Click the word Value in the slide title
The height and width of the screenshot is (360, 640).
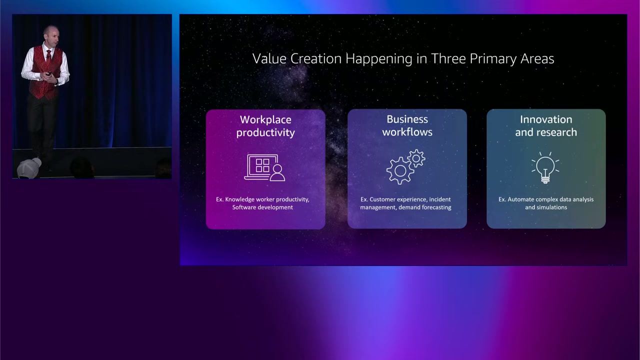pos(269,58)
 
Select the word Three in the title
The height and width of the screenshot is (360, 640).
pos(448,58)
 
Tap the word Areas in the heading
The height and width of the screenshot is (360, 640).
pos(537,58)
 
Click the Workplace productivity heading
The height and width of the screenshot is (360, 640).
pos(265,126)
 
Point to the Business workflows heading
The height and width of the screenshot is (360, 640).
pos(407,125)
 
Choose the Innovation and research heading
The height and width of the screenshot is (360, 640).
pos(546,125)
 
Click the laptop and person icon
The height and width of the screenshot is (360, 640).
pos(264,167)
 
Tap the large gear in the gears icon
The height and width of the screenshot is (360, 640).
pos(400,170)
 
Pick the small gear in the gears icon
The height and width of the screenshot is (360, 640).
pos(416,158)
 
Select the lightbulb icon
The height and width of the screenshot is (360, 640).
pos(545,167)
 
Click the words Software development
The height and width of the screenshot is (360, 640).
pos(262,207)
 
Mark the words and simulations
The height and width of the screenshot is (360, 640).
pos(546,207)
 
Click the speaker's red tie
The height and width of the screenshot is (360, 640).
pos(48,57)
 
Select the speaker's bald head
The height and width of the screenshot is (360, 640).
pos(51,31)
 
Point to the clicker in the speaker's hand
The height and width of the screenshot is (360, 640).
pos(49,73)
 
